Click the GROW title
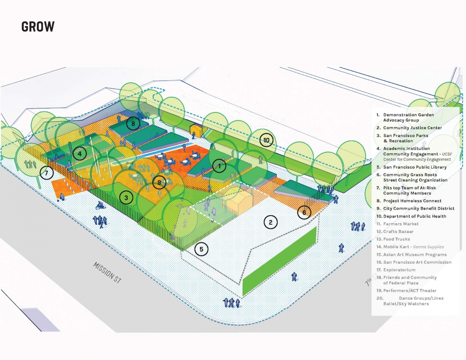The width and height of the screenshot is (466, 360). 38,27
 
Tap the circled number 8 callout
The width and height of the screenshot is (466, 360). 133,123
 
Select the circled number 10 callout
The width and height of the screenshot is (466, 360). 266,140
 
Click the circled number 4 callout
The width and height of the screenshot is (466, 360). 80,154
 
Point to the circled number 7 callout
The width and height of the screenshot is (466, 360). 47,173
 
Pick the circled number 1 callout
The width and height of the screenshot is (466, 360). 219,165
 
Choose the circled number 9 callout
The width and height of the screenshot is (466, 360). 159,183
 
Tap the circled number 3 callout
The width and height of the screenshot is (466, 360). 126,198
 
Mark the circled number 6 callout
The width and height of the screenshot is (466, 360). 304,213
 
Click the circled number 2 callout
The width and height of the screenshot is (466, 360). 271,222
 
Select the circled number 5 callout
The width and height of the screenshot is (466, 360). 201,249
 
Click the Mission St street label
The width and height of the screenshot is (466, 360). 107,272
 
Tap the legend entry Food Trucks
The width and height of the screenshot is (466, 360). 396,239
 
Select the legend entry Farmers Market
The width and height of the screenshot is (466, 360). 401,224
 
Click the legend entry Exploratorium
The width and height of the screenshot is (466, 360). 399,270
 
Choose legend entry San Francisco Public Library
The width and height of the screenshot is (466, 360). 415,167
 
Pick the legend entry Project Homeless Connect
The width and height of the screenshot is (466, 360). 412,201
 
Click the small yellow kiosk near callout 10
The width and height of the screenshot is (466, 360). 196,130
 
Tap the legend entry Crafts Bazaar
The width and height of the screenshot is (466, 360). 398,231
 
